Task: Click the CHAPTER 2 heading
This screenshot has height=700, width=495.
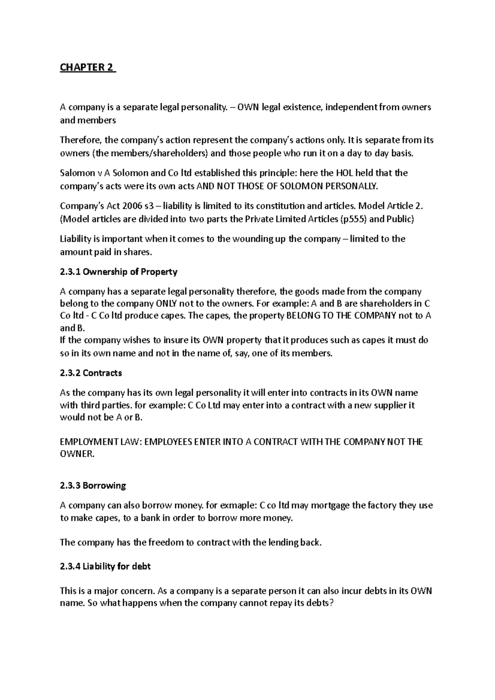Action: click(x=87, y=68)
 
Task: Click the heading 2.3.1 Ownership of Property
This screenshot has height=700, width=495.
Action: click(x=118, y=272)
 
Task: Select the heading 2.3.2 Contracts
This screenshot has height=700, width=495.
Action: click(x=91, y=373)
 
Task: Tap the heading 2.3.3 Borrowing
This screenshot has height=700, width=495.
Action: click(x=93, y=486)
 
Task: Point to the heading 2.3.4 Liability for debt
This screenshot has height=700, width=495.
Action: click(x=105, y=566)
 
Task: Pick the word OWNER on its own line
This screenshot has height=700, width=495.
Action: click(x=77, y=454)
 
